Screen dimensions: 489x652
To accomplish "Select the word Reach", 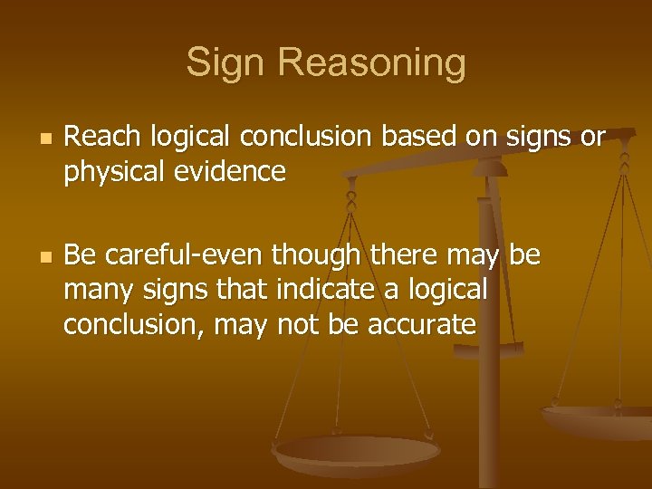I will coord(101,139).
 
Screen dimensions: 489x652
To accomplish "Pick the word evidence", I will coord(235,171).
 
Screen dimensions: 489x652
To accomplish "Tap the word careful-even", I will coord(175,257).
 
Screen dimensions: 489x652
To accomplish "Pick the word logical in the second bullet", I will coord(447,290).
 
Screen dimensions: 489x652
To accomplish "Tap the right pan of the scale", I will coord(598,419).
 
